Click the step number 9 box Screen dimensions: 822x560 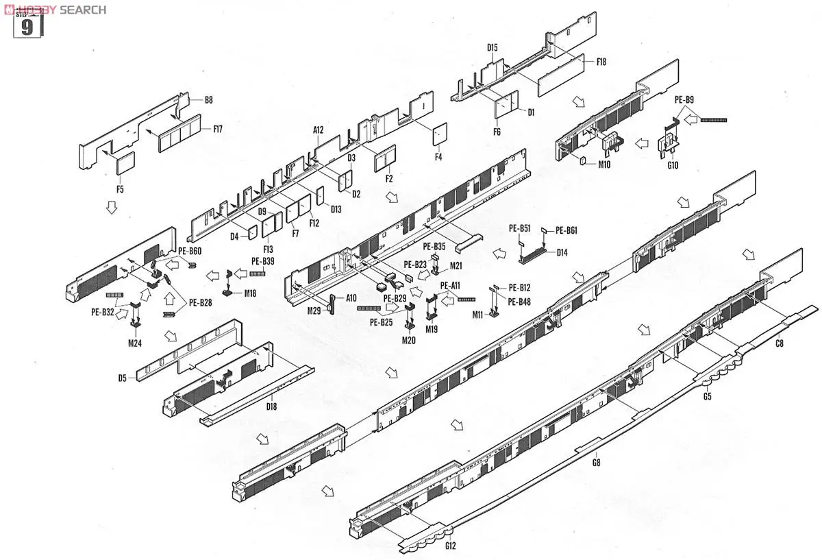coord(27,27)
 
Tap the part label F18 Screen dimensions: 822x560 coord(601,62)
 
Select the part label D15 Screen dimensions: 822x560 coord(493,47)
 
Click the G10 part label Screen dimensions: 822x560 coord(672,165)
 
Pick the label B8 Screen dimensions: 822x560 coord(208,100)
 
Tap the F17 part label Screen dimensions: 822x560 coord(218,128)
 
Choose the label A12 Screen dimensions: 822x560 coord(319,130)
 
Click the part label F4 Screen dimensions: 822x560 coord(438,157)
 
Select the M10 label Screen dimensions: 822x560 coord(603,165)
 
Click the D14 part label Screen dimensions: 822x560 coord(562,252)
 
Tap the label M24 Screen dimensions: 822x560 coord(134,343)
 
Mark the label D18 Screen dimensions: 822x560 coord(272,407)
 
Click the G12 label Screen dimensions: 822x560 coord(450,546)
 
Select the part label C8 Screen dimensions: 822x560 coord(780,343)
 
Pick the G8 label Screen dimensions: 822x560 coord(596,463)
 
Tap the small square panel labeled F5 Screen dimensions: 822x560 coord(125,162)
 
